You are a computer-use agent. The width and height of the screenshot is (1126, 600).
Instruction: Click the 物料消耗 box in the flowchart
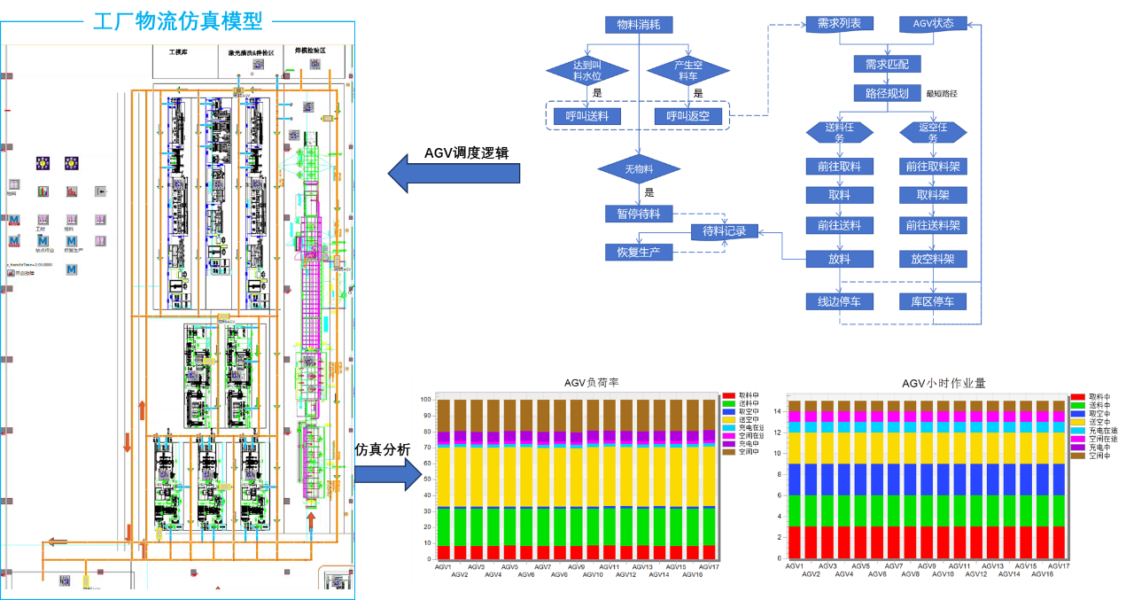[638, 25]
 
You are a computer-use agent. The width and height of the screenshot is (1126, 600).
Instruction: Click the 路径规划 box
[886, 93]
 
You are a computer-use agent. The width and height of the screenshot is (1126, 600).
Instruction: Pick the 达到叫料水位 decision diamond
[586, 70]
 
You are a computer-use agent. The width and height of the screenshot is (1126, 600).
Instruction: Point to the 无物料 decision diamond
[639, 168]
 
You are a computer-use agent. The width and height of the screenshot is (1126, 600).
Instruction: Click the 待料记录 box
[724, 232]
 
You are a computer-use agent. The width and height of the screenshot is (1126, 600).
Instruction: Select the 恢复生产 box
[638, 252]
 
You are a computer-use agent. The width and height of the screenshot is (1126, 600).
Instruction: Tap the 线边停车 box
[839, 301]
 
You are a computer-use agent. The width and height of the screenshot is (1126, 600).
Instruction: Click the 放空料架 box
[933, 259]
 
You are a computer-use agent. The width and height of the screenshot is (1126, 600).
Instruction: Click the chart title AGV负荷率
[591, 383]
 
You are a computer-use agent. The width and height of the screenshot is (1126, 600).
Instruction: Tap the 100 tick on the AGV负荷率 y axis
[426, 400]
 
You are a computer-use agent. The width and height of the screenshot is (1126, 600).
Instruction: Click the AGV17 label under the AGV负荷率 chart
[709, 566]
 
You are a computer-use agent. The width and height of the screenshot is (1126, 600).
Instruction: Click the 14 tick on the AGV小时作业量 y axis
[777, 410]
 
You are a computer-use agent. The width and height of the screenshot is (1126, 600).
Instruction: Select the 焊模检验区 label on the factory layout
[305, 51]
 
